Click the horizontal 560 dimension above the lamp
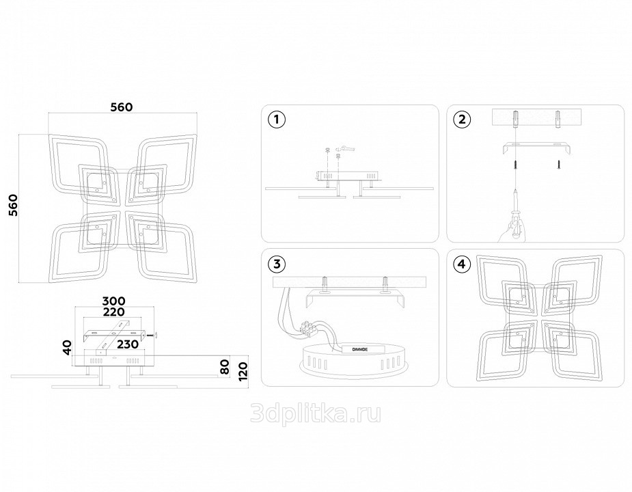[122, 107]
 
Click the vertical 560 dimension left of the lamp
[14, 205]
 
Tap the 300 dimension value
[113, 301]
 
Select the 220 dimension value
[113, 312]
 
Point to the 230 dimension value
[127, 344]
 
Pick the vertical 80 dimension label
[225, 366]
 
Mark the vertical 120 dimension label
[243, 371]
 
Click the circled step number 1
[277, 120]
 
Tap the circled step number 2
[462, 120]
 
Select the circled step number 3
[277, 264]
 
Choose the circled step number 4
[462, 264]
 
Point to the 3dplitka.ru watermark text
[316, 413]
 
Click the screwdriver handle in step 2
[517, 229]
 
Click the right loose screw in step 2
[559, 164]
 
